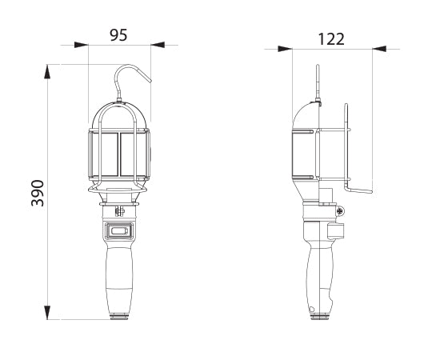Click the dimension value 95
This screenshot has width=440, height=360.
pyautogui.click(x=119, y=34)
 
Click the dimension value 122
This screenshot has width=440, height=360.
pyautogui.click(x=330, y=38)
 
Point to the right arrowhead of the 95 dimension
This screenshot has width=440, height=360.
pyautogui.click(x=157, y=45)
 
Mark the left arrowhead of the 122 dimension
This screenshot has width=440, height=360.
pyautogui.click(x=285, y=49)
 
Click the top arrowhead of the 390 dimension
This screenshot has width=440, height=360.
pyautogui.click(x=49, y=72)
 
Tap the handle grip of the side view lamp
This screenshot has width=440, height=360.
pyautogui.click(x=322, y=276)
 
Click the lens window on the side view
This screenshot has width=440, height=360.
pyautogui.click(x=302, y=154)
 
